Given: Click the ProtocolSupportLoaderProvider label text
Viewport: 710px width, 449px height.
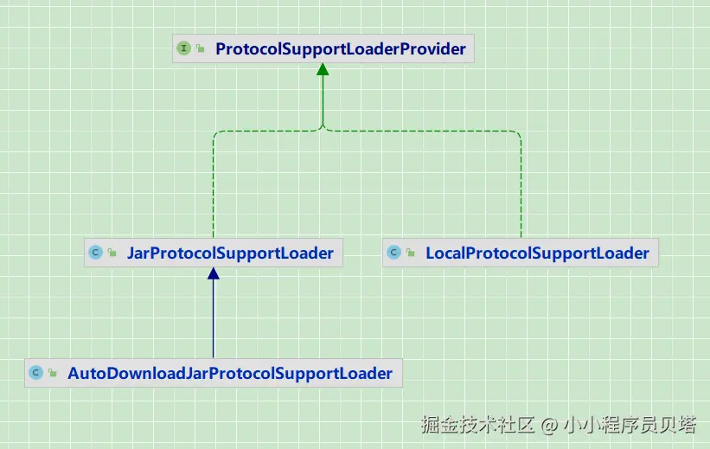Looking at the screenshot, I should point(340,49).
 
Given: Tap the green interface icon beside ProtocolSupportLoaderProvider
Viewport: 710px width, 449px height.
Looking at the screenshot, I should point(183,49).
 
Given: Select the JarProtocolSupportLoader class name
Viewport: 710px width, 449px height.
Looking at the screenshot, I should point(230,253).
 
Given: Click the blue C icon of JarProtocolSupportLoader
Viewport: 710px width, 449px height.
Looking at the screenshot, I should point(95,253).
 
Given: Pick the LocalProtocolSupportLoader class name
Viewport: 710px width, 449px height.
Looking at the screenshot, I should point(537,253).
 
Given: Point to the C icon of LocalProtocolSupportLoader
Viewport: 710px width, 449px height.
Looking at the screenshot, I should point(393,253).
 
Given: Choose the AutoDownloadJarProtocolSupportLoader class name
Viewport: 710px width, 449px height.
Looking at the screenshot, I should point(230,374).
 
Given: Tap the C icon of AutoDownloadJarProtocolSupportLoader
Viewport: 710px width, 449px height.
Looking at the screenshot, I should point(35,374).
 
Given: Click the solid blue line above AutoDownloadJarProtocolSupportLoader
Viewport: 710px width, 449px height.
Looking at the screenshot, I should point(213,320).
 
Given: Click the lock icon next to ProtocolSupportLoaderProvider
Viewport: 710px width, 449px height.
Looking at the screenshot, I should point(201,50).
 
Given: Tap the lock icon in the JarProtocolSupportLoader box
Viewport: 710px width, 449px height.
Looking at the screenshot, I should point(112,254).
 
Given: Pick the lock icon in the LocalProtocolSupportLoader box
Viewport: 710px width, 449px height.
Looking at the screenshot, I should point(411,254).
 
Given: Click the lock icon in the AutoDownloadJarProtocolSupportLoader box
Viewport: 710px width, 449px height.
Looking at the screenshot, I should point(53,375).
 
